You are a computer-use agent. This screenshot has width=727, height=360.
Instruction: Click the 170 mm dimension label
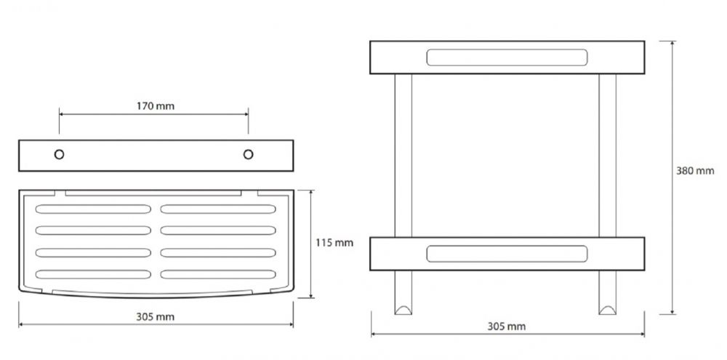point(156,106)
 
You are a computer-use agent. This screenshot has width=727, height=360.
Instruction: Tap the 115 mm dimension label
point(334,243)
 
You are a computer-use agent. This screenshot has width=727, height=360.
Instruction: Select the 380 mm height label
point(695,171)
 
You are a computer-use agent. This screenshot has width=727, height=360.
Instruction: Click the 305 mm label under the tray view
point(156,317)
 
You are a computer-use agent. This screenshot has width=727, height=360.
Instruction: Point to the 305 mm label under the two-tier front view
point(506,327)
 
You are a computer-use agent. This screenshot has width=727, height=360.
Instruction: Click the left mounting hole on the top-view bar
point(59,154)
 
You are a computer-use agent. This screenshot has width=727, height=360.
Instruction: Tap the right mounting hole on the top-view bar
point(248,154)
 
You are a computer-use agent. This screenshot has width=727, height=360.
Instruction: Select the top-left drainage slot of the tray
point(93,209)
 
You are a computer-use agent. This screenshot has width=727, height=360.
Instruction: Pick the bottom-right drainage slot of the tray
point(218,274)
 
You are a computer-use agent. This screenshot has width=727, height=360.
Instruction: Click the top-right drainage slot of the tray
point(218,209)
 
